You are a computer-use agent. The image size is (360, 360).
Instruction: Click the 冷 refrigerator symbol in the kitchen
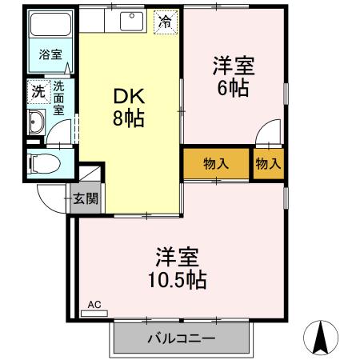point(164,22)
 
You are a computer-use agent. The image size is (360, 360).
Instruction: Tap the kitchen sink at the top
point(130,22)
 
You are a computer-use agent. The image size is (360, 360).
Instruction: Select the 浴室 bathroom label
point(50,56)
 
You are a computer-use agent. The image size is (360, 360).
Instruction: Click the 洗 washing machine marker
point(37,91)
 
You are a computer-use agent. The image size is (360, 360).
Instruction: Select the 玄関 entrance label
point(86,198)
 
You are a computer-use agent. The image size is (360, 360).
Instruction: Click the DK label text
point(128,97)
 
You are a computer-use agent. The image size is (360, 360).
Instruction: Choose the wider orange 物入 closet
point(216,163)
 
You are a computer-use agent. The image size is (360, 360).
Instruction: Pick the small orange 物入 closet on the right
point(269,163)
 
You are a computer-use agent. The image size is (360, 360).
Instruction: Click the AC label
point(94,305)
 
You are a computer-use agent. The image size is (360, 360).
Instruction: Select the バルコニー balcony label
point(181,338)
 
